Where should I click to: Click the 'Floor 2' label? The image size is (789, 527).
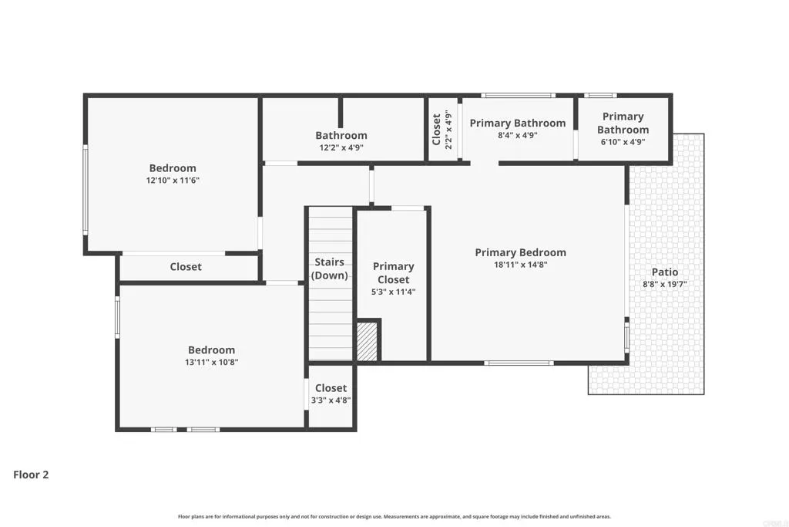pyautogui.click(x=31, y=475)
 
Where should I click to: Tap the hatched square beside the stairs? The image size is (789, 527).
pyautogui.click(x=367, y=341)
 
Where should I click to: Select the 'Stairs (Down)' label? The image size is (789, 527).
pyautogui.click(x=329, y=269)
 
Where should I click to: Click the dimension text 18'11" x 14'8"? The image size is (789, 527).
pyautogui.click(x=520, y=265)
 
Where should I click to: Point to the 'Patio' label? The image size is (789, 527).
pyautogui.click(x=665, y=272)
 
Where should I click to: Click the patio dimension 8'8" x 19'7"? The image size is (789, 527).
pyautogui.click(x=665, y=284)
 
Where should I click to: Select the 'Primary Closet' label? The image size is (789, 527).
pyautogui.click(x=394, y=272)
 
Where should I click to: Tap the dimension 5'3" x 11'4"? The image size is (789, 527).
pyautogui.click(x=394, y=292)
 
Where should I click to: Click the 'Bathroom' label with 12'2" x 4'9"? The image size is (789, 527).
pyautogui.click(x=341, y=135)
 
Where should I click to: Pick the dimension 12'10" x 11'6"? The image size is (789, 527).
pyautogui.click(x=173, y=180)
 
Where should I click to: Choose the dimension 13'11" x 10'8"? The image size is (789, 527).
pyautogui.click(x=211, y=362)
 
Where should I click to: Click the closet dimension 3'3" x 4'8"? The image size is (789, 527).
pyautogui.click(x=331, y=400)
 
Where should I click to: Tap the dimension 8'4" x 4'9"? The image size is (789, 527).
pyautogui.click(x=517, y=135)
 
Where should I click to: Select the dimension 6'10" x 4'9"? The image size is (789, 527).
pyautogui.click(x=623, y=141)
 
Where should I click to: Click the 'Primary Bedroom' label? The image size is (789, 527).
pyautogui.click(x=520, y=252)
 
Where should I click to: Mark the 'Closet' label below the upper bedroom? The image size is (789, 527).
pyautogui.click(x=186, y=267)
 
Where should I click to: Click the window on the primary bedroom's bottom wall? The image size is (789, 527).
pyautogui.click(x=518, y=363)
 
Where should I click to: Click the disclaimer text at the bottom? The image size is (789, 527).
pyautogui.click(x=394, y=516)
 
